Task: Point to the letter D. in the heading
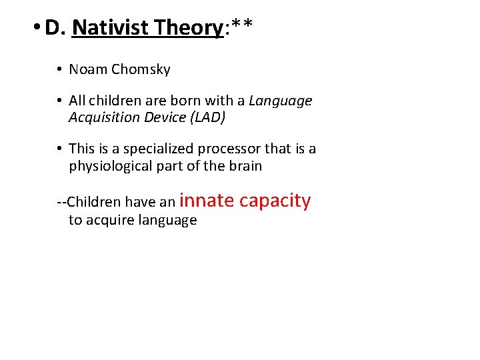click(55, 27)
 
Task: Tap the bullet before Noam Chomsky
click(59, 69)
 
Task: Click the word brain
click(245, 165)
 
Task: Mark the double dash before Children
click(61, 202)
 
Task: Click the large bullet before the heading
click(35, 29)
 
